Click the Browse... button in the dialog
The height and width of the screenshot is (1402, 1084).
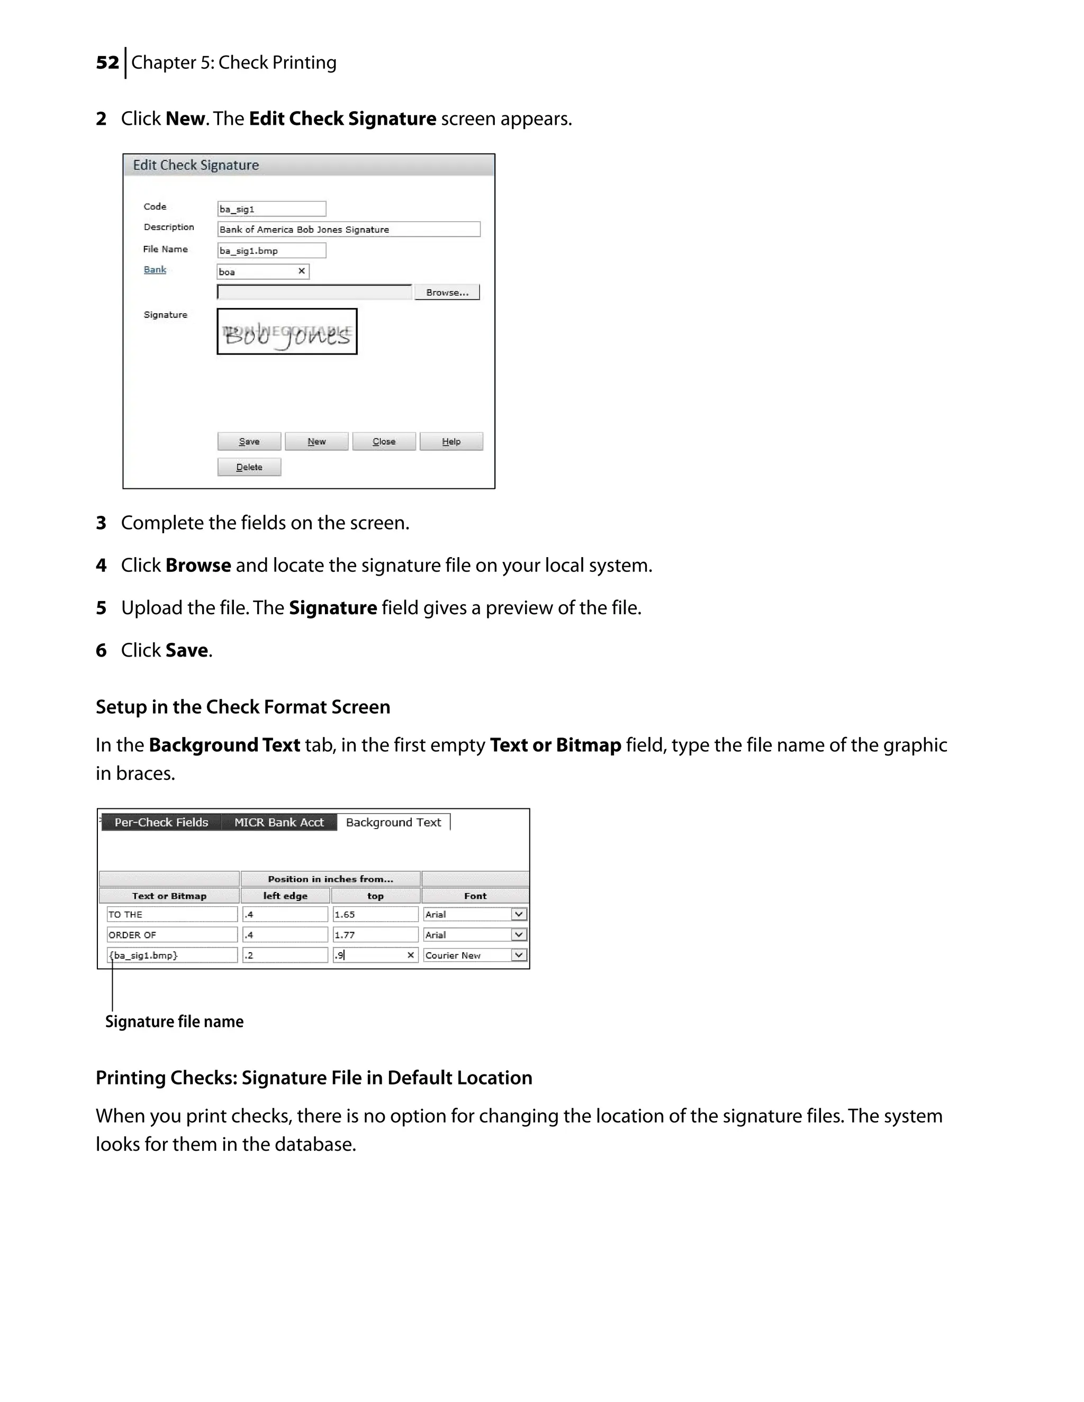447,293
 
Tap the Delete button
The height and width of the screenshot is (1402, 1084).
249,467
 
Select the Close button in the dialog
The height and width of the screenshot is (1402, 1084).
384,442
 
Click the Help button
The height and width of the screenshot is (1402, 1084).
451,442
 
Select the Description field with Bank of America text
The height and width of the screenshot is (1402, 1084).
348,230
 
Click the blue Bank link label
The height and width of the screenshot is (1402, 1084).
155,270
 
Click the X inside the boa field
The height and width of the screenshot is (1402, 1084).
301,271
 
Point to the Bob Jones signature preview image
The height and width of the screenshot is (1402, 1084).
287,332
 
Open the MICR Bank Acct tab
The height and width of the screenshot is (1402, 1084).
279,822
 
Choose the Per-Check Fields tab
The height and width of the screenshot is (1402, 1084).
161,822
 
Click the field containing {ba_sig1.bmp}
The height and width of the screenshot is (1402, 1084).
171,955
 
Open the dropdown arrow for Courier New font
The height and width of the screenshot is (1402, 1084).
519,955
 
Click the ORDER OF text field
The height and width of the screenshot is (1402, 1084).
171,935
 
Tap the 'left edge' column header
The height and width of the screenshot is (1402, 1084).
285,896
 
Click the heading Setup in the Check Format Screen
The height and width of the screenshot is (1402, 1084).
243,707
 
